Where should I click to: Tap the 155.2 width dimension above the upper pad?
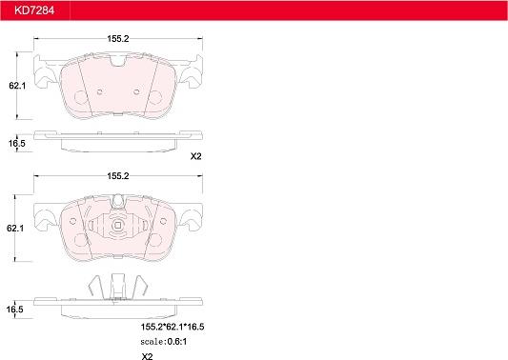[118, 39]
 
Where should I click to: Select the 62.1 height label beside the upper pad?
[15, 86]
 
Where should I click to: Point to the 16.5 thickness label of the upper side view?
[15, 143]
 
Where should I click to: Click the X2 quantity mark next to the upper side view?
[197, 156]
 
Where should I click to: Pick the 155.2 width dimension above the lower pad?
[118, 177]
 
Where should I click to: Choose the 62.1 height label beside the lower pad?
[15, 230]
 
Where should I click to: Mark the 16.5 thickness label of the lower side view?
[15, 310]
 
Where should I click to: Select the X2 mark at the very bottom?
[147, 356]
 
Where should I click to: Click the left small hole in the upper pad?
[100, 92]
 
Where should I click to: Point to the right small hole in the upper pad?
[137, 92]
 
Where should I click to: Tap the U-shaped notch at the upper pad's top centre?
[118, 64]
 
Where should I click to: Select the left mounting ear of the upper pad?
[42, 71]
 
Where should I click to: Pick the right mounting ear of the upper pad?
[194, 71]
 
